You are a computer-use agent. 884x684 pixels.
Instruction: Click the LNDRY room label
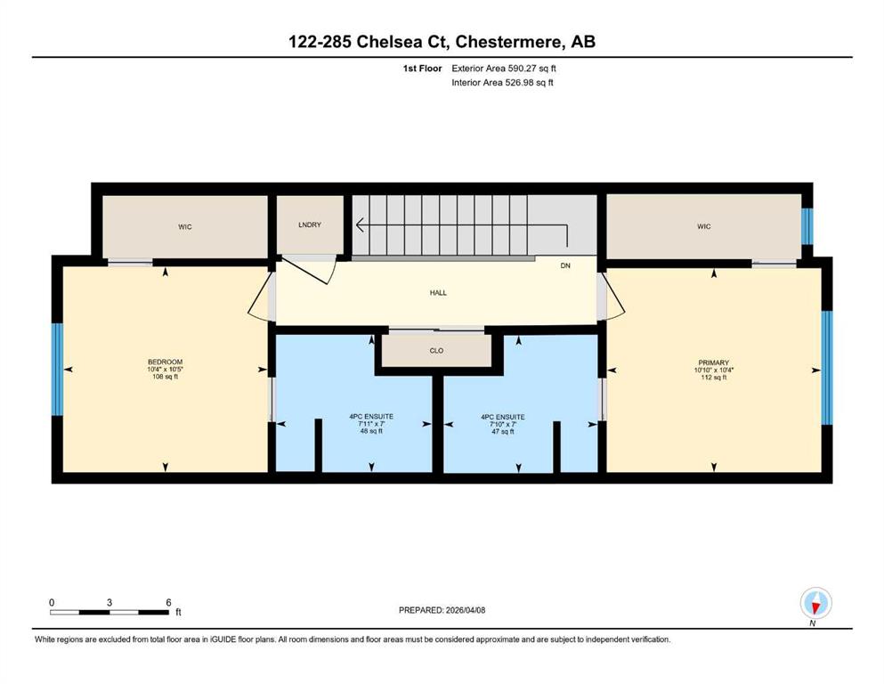click(x=310, y=224)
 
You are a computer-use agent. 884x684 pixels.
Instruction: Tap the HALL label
click(x=438, y=293)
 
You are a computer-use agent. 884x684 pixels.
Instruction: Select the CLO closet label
click(x=436, y=350)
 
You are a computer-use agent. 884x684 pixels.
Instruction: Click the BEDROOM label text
click(x=166, y=362)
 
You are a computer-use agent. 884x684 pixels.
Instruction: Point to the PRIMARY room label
click(x=714, y=362)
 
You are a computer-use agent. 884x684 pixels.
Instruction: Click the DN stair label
click(x=565, y=265)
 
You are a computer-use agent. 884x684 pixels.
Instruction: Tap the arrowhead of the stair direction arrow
click(x=360, y=225)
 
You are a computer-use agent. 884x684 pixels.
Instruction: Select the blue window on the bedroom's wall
click(x=57, y=370)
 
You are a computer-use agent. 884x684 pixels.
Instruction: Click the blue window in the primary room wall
click(x=826, y=368)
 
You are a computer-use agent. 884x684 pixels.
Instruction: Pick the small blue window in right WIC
click(x=807, y=227)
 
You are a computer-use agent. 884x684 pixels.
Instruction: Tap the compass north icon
click(x=815, y=603)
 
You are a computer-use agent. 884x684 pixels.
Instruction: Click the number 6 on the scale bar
click(x=168, y=602)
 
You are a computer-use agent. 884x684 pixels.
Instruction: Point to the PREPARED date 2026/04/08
click(x=465, y=610)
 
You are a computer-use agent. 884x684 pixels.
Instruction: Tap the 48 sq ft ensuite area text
click(x=371, y=431)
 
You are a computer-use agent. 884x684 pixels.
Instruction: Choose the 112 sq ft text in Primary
click(x=714, y=378)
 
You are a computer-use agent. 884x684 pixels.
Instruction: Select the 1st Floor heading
click(x=422, y=69)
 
